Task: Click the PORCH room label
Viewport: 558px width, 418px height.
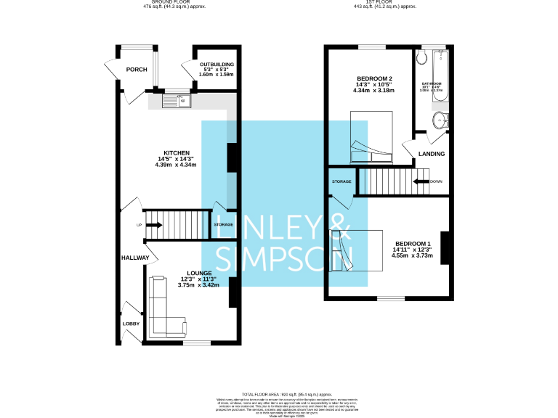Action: coord(136,70)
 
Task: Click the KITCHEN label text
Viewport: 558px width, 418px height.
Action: coord(176,153)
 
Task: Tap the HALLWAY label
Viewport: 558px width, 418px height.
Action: coord(135,258)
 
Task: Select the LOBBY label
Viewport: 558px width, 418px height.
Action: coord(131,324)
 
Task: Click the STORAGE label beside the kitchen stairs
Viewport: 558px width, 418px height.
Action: coord(224,225)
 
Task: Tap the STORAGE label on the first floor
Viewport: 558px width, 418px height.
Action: coord(341,181)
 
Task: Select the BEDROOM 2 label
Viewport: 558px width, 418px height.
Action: coord(375,78)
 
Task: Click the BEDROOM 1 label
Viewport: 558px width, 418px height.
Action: coord(413,243)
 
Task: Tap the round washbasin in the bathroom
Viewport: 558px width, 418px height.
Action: coord(440,120)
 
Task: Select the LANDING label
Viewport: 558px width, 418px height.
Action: coord(432,154)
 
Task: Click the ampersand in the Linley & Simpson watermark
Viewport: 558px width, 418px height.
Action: coord(340,227)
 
